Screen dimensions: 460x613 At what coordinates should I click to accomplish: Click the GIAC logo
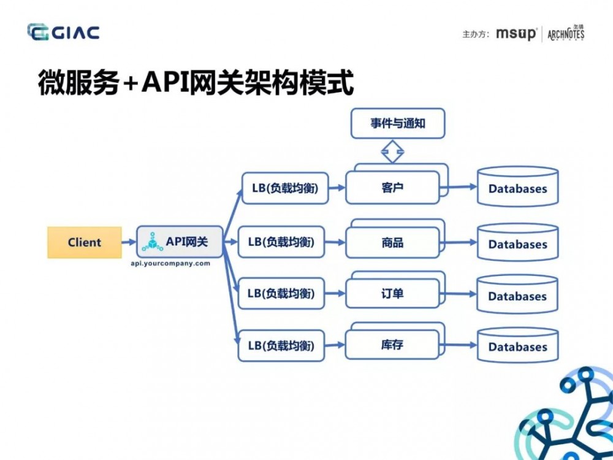point(63,33)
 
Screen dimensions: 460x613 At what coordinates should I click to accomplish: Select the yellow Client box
point(84,242)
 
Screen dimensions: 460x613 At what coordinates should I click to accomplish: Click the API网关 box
point(178,242)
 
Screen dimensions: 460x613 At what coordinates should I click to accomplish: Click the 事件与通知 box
point(397,123)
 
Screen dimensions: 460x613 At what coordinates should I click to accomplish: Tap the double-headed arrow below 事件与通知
point(392,151)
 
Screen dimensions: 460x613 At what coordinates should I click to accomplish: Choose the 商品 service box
point(392,243)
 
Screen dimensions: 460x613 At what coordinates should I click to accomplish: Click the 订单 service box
point(392,294)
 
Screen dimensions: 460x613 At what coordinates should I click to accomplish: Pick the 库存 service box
point(392,345)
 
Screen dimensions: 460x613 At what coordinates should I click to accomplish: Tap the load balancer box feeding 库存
point(281,346)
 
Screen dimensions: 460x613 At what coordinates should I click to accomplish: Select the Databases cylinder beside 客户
point(517,187)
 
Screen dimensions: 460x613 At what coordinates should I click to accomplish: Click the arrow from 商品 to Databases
point(458,243)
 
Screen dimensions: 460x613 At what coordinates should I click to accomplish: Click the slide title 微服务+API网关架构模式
point(196,83)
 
